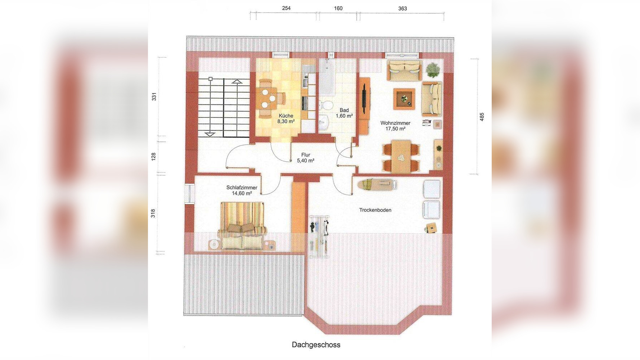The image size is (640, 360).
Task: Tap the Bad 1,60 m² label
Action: click(344, 113)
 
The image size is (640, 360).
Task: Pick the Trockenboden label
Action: click(375, 210)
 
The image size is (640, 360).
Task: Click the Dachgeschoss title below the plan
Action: click(316, 345)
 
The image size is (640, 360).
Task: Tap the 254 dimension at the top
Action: click(286, 8)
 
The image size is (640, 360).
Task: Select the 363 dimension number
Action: click(402, 8)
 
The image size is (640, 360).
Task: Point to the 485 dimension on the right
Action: click(482, 117)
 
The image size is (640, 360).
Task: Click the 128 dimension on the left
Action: click(153, 156)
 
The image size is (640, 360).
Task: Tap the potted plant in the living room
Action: click(433, 69)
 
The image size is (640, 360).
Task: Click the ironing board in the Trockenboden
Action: click(377, 184)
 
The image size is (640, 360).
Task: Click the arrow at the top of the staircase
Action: click(236, 81)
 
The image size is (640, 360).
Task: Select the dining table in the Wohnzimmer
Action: click(401, 156)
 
